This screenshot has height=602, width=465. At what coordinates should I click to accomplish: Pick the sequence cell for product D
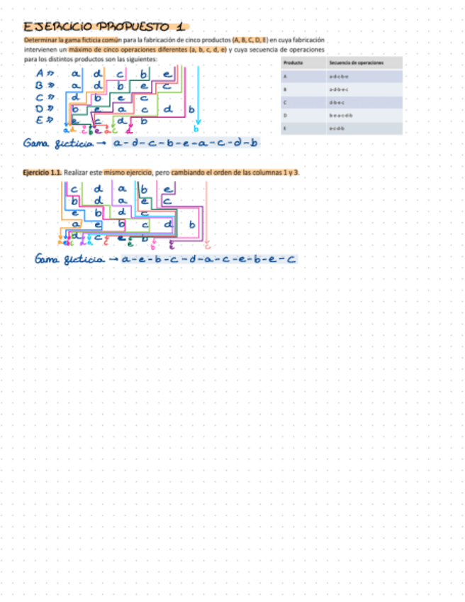click(341, 115)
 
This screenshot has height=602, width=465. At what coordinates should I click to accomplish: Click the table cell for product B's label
click(285, 90)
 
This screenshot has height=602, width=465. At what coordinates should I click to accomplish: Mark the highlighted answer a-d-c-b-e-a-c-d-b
click(186, 143)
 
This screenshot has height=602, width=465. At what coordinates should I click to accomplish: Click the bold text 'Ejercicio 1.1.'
click(42, 173)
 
